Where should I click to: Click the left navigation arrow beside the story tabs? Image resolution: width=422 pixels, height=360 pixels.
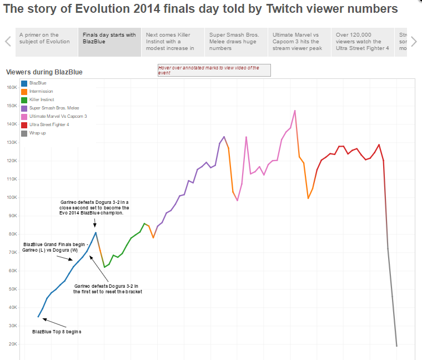coord(8,41)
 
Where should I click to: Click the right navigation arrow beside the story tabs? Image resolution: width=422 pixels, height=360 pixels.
coord(413,41)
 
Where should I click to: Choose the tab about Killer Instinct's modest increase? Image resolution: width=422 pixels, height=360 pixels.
coord(173,42)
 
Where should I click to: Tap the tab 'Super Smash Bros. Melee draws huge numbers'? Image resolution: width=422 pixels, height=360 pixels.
coord(236,42)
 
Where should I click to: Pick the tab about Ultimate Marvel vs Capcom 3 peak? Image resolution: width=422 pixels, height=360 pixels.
coord(299,42)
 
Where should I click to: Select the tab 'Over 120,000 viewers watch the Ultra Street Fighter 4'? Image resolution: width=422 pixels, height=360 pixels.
coord(363,42)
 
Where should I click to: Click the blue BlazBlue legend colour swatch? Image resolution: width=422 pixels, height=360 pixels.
coord(24,83)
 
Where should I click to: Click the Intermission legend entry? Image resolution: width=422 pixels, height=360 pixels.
coord(41,91)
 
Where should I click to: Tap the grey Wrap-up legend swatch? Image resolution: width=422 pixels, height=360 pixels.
coord(24,133)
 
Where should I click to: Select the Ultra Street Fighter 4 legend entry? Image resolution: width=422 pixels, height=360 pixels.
coord(49,125)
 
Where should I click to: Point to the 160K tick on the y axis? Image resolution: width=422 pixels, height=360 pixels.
coord(12,87)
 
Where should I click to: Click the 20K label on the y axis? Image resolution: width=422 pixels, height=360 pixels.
coord(13,344)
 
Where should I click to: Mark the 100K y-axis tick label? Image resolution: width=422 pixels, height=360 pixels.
coord(12,197)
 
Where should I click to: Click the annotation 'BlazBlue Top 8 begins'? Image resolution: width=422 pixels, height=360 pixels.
coord(57,332)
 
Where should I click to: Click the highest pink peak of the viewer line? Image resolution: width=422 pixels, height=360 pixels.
coord(295,110)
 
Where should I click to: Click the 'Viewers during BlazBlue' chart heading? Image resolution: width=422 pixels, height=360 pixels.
coord(44,72)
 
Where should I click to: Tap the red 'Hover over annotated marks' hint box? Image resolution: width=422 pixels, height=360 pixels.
coord(214,70)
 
